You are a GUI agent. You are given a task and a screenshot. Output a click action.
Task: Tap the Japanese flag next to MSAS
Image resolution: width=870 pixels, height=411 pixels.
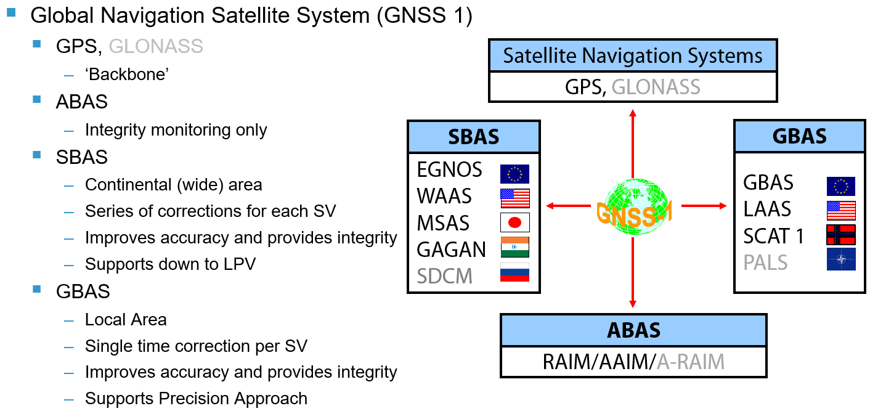pyautogui.click(x=514, y=222)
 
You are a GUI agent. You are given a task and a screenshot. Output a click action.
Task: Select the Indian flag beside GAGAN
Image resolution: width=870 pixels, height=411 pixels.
pyautogui.click(x=514, y=248)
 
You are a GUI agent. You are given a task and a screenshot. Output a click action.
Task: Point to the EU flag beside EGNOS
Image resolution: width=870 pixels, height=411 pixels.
pyautogui.click(x=514, y=173)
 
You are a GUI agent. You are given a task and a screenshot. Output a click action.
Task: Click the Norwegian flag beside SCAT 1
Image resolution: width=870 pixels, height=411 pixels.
pyautogui.click(x=840, y=235)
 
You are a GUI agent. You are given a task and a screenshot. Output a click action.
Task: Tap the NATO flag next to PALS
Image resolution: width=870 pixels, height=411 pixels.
pyautogui.click(x=840, y=259)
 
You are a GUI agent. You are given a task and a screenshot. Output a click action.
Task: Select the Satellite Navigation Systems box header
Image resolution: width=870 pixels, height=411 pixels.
pyautogui.click(x=632, y=56)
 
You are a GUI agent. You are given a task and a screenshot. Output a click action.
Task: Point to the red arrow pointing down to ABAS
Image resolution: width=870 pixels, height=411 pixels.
pyautogui.click(x=632, y=277)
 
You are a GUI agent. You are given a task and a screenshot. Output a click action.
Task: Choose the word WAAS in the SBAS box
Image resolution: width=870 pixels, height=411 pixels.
pyautogui.click(x=444, y=197)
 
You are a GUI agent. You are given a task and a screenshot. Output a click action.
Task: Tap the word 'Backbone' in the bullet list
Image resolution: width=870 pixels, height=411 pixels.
pyautogui.click(x=127, y=74)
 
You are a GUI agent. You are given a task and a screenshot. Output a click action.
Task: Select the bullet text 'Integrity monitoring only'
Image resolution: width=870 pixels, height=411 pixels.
pyautogui.click(x=176, y=130)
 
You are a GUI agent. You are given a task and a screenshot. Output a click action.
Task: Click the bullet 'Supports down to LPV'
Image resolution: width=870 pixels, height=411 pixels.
pyautogui.click(x=170, y=264)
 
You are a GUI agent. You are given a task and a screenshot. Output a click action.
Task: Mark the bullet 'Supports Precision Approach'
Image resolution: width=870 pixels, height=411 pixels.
pyautogui.click(x=196, y=399)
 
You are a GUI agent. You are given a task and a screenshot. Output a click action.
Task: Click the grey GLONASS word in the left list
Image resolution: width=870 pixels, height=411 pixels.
pyautogui.click(x=155, y=46)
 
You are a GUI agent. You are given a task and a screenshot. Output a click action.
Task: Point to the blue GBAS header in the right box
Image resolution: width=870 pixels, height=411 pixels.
pyautogui.click(x=799, y=136)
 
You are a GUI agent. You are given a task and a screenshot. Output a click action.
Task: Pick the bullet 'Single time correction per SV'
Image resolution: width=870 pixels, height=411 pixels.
pyautogui.click(x=196, y=346)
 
